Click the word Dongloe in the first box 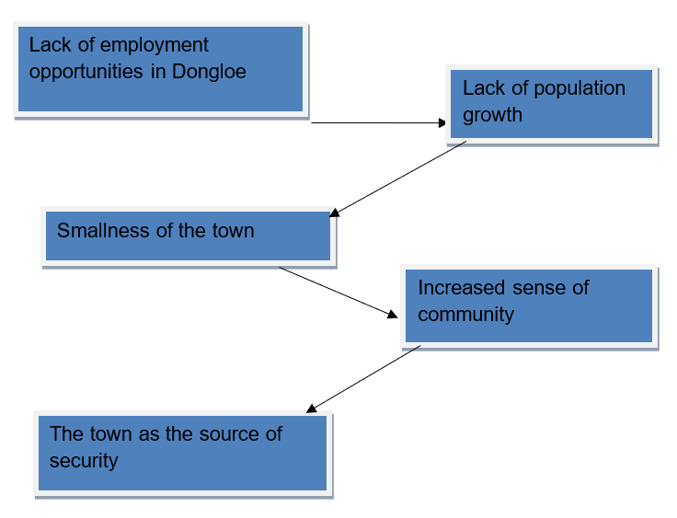[x=209, y=72]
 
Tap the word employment [x=155, y=46]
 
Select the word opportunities [x=86, y=72]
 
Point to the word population [x=579, y=89]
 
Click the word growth [x=493, y=115]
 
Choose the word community [x=465, y=315]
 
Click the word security [x=84, y=461]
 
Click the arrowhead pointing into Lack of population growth [x=442, y=123]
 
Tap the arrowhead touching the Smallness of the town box [x=334, y=213]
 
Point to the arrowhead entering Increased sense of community [x=393, y=314]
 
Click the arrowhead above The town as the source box [x=311, y=409]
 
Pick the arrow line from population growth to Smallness [x=397, y=178]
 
